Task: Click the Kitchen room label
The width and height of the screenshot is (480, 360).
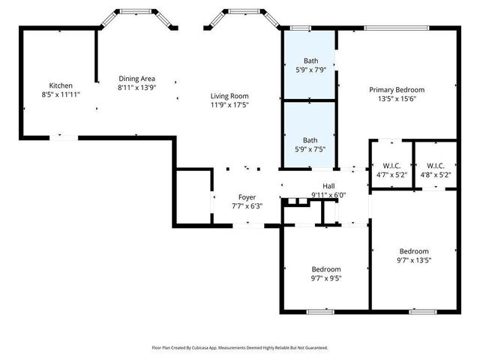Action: click(61, 85)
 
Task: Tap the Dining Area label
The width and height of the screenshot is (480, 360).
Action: click(137, 78)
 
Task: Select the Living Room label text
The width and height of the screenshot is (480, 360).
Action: click(229, 96)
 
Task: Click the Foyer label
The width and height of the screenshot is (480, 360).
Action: click(247, 197)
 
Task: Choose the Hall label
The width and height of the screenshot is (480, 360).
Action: click(328, 186)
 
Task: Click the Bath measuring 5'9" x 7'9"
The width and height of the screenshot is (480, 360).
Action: click(310, 61)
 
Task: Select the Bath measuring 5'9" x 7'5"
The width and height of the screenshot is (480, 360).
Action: click(310, 140)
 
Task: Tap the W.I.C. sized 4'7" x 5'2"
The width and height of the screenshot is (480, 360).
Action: click(391, 166)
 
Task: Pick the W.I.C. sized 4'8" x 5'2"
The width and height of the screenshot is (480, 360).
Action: click(435, 166)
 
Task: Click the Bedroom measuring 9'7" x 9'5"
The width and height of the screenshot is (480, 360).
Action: click(326, 269)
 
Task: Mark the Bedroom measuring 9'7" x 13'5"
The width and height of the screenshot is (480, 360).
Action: click(413, 251)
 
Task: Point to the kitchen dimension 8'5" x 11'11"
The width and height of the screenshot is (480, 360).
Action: click(61, 94)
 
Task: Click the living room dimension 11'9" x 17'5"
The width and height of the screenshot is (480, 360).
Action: click(229, 105)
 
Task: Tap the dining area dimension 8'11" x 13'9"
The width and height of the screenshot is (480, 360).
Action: click(137, 87)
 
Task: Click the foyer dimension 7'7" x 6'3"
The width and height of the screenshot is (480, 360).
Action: click(247, 206)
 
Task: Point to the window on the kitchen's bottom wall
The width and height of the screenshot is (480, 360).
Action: click(63, 137)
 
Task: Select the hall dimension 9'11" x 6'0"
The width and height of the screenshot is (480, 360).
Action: click(328, 195)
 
